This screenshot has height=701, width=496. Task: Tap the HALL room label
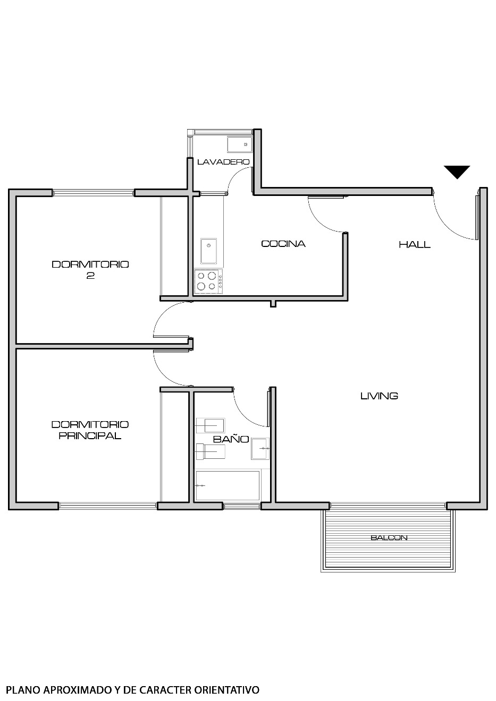[415, 244]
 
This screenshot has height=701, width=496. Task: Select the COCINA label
[283, 244]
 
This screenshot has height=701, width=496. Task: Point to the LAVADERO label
[223, 161]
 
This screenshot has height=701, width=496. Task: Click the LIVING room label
[379, 396]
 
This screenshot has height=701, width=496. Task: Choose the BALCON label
[389, 537]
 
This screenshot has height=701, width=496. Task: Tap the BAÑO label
[231, 439]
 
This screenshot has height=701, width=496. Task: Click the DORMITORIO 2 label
[90, 269]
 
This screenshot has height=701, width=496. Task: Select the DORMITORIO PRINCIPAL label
[90, 430]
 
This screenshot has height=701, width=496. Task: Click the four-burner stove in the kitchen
[208, 281]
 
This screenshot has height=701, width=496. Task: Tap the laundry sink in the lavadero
[238, 144]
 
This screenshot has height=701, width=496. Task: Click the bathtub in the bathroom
[228, 485]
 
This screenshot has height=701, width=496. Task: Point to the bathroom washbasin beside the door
[260, 448]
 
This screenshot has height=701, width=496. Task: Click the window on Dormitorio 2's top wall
[93, 193]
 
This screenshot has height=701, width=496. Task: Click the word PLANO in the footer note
[22, 690]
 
